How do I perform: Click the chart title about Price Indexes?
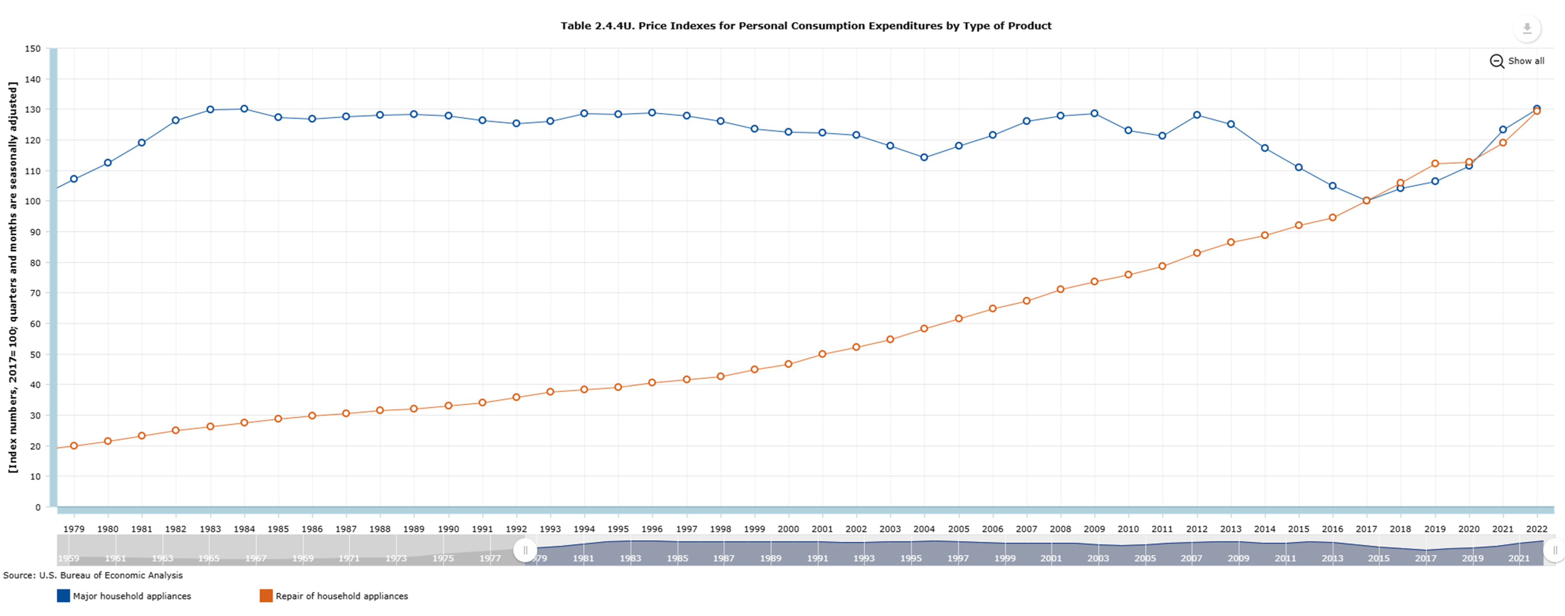pyautogui.click(x=806, y=26)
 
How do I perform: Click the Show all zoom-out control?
pyautogui.click(x=1517, y=61)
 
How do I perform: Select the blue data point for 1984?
pyautogui.click(x=244, y=109)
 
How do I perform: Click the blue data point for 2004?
pyautogui.click(x=924, y=157)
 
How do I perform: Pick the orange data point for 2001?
pyautogui.click(x=822, y=354)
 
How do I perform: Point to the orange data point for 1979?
pyautogui.click(x=74, y=446)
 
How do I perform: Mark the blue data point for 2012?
pyautogui.click(x=1197, y=115)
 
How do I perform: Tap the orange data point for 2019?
pyautogui.click(x=1435, y=163)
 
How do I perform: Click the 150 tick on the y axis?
pyautogui.click(x=33, y=49)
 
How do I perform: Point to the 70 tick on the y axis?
pyautogui.click(x=35, y=293)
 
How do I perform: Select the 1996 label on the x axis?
pyautogui.click(x=652, y=529)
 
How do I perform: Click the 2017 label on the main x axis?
pyautogui.click(x=1367, y=529)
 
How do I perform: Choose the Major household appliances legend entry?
pyautogui.click(x=132, y=596)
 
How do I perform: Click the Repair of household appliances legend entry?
pyautogui.click(x=342, y=596)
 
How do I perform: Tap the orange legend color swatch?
pyautogui.click(x=266, y=596)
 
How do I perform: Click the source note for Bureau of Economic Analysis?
pyautogui.click(x=93, y=575)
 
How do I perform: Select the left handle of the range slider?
pyautogui.click(x=525, y=550)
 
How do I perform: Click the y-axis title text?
pyautogui.click(x=13, y=278)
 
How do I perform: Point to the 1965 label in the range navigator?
pyautogui.click(x=209, y=558)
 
